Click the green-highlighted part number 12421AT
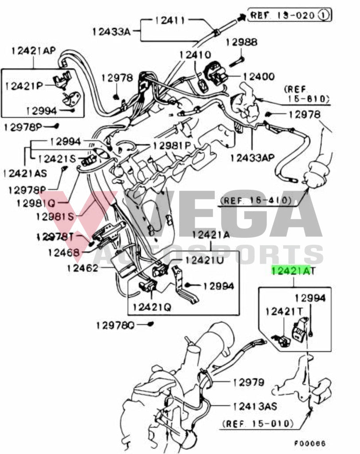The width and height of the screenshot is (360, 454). point(292,270)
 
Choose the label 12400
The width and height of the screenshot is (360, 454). point(258,77)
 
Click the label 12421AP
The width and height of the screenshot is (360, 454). point(33,51)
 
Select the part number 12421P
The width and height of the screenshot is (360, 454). point(24,85)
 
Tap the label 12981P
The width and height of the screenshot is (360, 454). point(171,145)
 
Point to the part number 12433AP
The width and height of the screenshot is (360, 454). point(252,157)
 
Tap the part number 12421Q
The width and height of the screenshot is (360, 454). point(151,306)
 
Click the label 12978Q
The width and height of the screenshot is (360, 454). point(115,325)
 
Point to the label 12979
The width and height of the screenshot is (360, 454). point(248,382)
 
